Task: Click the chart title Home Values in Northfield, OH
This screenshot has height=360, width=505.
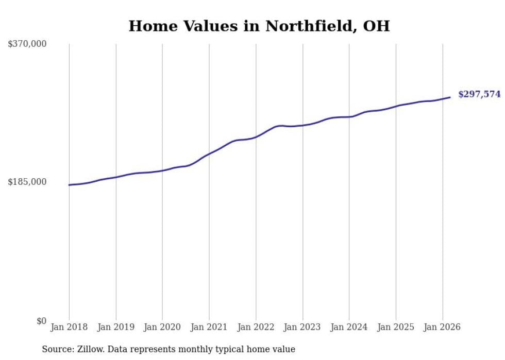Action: pyautogui.click(x=259, y=26)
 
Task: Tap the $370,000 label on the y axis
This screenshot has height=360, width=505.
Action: pyautogui.click(x=27, y=44)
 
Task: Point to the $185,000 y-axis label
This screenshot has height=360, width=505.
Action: pyautogui.click(x=27, y=182)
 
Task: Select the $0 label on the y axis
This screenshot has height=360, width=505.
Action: pyautogui.click(x=41, y=321)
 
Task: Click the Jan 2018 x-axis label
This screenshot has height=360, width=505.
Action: pyautogui.click(x=69, y=327)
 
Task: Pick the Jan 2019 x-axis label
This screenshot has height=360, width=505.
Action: pyautogui.click(x=115, y=327)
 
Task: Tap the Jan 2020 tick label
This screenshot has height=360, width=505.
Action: pyautogui.click(x=162, y=327)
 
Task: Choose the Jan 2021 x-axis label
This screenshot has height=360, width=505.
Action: pyautogui.click(x=209, y=327)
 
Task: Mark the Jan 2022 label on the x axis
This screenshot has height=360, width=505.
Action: pyautogui.click(x=256, y=327)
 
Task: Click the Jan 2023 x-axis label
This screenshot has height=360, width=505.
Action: pyautogui.click(x=302, y=327)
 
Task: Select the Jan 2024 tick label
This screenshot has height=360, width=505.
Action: pyautogui.click(x=349, y=327)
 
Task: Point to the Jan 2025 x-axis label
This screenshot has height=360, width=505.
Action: pyautogui.click(x=395, y=327)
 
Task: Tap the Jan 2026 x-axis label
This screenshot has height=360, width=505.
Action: pyautogui.click(x=442, y=327)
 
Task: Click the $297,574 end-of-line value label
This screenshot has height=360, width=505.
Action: pyautogui.click(x=479, y=94)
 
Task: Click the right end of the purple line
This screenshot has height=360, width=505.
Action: pyautogui.click(x=450, y=97)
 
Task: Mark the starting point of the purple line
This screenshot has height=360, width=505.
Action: pyautogui.click(x=69, y=185)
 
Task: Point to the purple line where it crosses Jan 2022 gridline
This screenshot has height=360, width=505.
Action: pyautogui.click(x=256, y=137)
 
